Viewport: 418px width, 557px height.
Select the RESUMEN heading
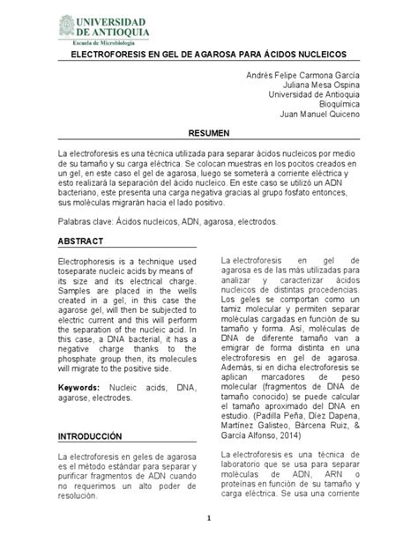click(209, 131)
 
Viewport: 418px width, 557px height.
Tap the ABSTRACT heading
click(80, 241)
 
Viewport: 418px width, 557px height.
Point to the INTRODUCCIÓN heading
click(89, 436)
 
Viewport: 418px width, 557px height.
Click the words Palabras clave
click(89, 221)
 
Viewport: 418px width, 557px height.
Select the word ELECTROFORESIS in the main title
click(107, 55)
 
